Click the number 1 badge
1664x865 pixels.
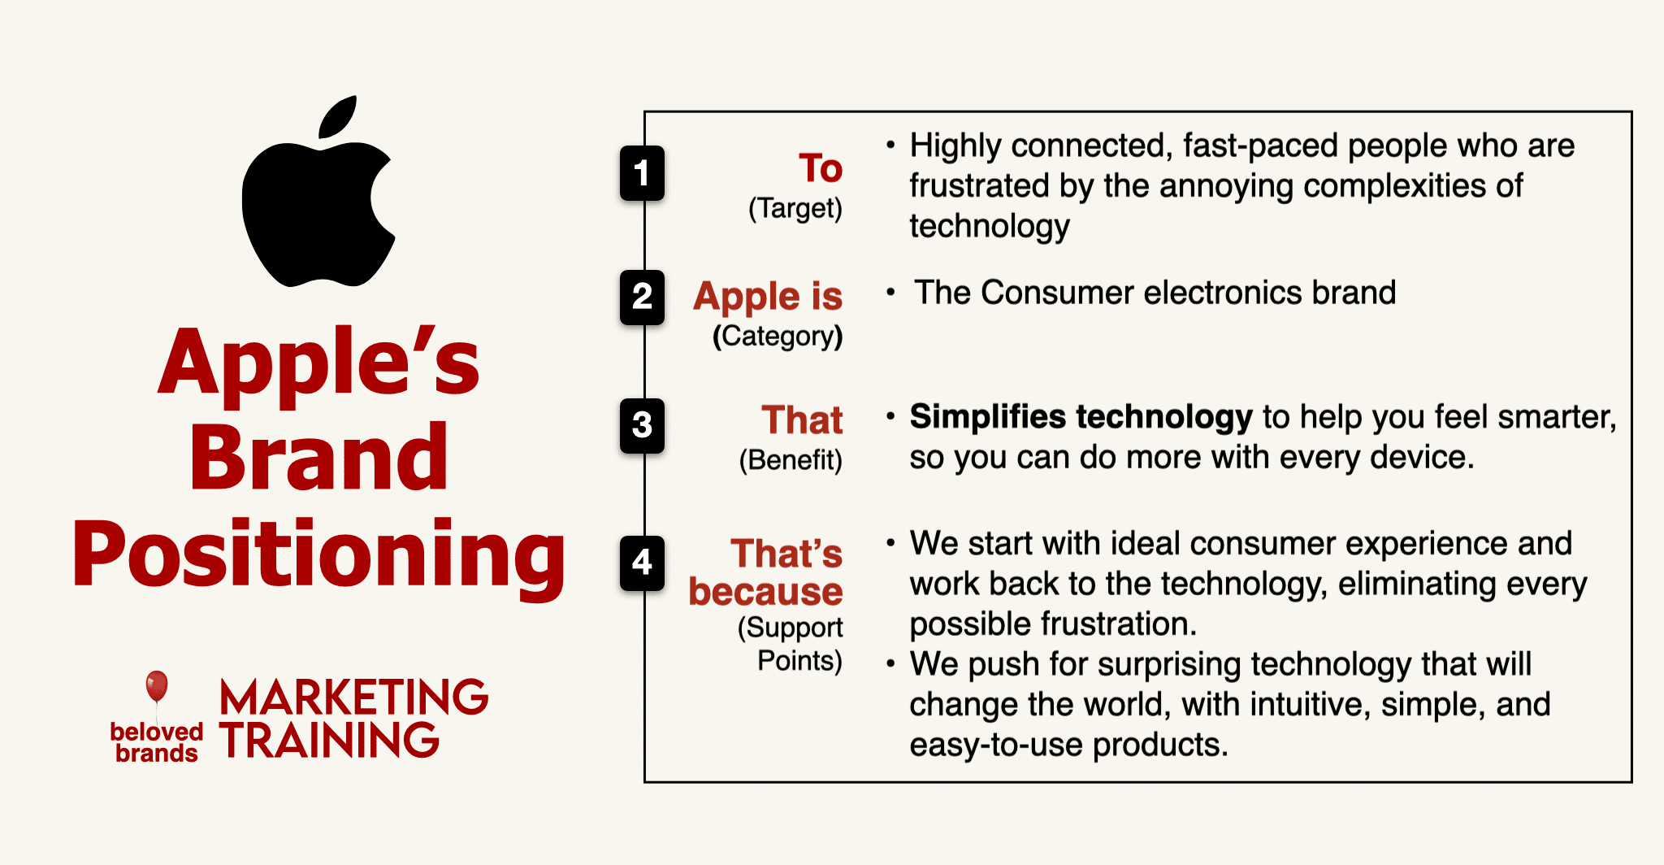tap(642, 173)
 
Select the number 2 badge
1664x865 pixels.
tap(642, 297)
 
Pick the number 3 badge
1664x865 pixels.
tap(642, 425)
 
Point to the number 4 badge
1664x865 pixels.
tap(642, 563)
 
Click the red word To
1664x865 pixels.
tap(821, 168)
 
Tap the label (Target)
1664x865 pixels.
tap(795, 209)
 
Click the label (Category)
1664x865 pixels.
tap(778, 337)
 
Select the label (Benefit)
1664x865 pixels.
tap(791, 460)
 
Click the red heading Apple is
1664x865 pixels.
tap(768, 297)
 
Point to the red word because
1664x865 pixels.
tap(765, 592)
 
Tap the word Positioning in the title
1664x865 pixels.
tap(318, 555)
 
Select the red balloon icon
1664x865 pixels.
tap(157, 687)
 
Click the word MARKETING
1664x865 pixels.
tap(353, 698)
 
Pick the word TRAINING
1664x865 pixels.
tap(329, 740)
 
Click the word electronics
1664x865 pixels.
tap(1220, 293)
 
